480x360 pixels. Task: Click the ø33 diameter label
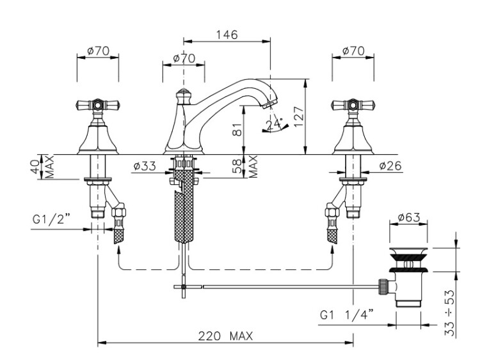145,167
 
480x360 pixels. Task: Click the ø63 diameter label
408,217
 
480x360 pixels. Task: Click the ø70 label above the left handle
97,51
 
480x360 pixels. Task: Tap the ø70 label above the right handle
353,51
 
